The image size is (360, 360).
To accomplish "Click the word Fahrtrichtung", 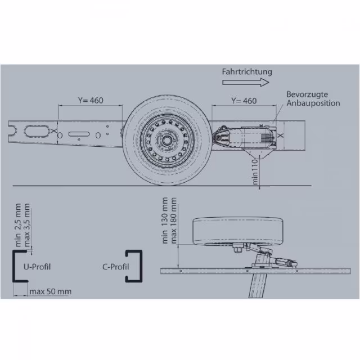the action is coord(247,71).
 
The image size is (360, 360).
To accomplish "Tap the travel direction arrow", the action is coord(246,82).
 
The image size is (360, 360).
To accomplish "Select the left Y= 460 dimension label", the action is coord(91,100).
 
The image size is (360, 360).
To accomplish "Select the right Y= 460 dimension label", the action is coord(244,101).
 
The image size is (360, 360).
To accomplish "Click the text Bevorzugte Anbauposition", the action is coord(313,99).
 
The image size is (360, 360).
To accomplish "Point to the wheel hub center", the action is coord(167,140).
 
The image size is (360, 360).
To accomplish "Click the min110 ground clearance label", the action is coord(255,172).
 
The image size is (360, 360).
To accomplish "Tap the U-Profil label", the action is coord(37,267).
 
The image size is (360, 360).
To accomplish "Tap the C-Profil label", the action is coord(115,267).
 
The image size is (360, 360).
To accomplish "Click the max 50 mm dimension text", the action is coord(50,291).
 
